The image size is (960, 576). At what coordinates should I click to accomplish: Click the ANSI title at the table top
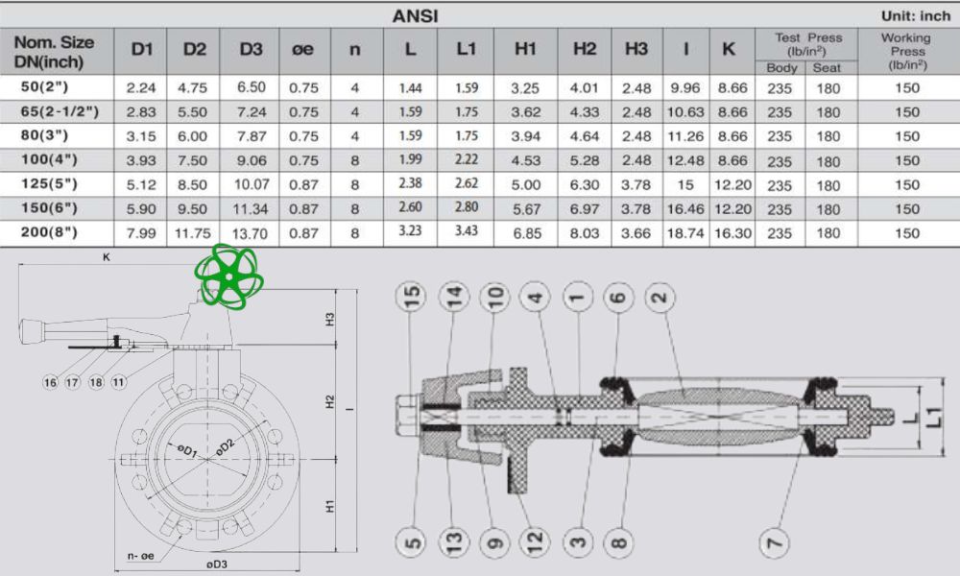[x=415, y=16]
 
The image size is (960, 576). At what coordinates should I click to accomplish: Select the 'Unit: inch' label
[x=915, y=16]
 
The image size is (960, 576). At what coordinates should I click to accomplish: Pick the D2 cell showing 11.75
[x=195, y=232]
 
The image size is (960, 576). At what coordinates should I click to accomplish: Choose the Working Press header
[x=906, y=51]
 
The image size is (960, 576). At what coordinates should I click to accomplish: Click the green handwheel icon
[x=229, y=276]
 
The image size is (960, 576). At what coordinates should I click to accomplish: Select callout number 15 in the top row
[x=413, y=299]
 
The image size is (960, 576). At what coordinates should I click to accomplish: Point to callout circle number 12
[x=535, y=544]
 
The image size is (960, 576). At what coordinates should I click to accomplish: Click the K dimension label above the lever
[x=107, y=257]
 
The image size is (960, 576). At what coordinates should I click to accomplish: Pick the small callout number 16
[x=50, y=382]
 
